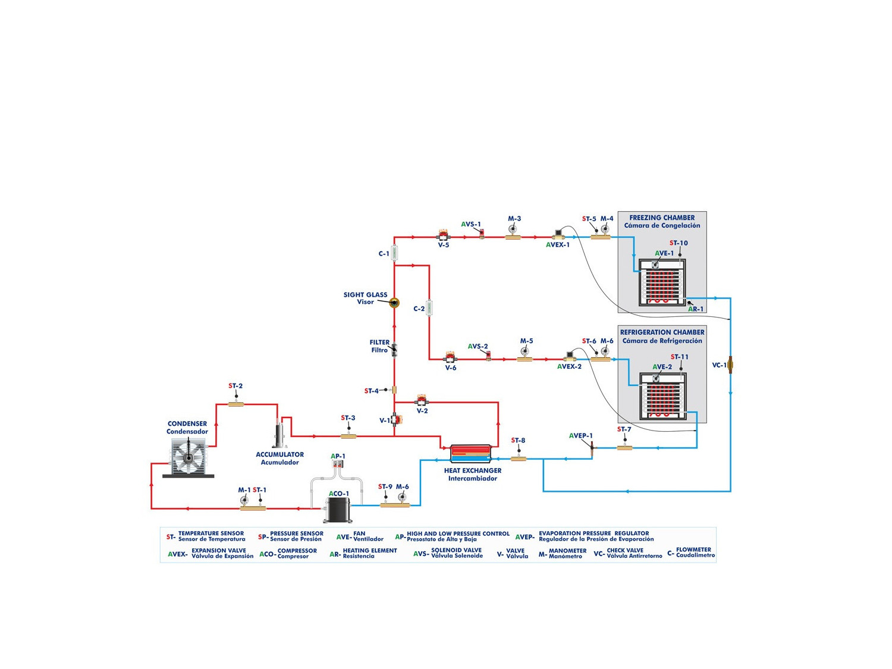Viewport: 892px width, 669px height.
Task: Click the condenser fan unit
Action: point(188,457)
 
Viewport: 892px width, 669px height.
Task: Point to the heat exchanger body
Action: point(470,454)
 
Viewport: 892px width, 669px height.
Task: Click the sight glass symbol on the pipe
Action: point(394,303)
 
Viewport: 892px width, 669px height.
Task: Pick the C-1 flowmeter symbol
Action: point(394,253)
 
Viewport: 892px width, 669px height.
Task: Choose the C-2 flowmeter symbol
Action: point(429,308)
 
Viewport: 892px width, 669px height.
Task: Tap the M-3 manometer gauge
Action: point(513,230)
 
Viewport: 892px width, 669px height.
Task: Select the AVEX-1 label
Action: point(558,245)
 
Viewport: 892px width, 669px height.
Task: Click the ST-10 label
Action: point(679,243)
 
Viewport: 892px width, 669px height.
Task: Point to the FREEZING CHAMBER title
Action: point(662,218)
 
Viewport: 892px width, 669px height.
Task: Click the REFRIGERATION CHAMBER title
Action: point(662,332)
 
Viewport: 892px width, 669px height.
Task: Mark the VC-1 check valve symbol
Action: point(731,365)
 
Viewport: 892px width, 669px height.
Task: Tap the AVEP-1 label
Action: point(580,436)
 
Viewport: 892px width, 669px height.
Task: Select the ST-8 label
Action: point(518,441)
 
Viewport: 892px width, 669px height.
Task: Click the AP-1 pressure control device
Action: point(338,464)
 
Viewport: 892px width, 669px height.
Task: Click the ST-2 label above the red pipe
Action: point(235,386)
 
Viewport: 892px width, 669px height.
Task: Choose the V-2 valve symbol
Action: point(422,400)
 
